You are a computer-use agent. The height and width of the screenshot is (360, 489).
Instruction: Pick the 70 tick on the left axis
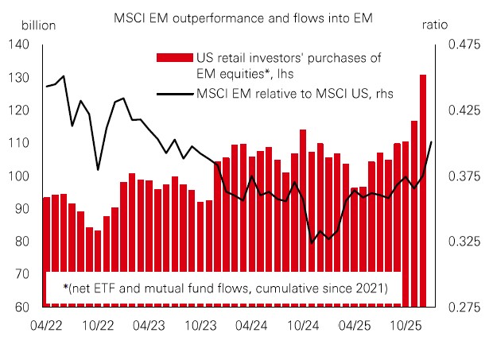tap(21, 274)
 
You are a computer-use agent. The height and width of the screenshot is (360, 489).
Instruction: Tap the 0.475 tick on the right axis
tap(460, 45)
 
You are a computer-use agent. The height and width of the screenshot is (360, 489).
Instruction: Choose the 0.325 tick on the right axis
tap(460, 241)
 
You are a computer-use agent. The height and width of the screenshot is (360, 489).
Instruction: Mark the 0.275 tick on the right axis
tap(460, 307)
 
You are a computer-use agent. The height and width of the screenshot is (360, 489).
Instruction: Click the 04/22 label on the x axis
tap(45, 325)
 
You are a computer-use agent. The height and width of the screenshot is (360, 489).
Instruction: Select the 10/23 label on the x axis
tap(200, 325)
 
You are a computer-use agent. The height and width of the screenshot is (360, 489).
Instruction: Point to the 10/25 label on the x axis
tap(407, 325)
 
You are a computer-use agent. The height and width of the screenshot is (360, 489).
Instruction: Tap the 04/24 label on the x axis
tap(252, 325)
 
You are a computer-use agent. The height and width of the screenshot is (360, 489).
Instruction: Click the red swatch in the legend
tap(175, 57)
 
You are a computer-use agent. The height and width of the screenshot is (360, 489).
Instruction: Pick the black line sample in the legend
tap(175, 95)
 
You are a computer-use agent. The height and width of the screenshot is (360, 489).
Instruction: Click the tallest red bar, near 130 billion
tap(423, 191)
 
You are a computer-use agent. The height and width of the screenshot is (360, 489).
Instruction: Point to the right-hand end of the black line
tap(431, 142)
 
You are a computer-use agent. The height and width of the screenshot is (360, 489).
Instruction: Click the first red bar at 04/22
tap(46, 238)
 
